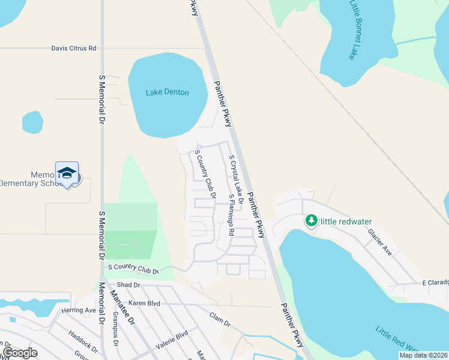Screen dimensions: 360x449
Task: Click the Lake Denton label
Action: [167, 92]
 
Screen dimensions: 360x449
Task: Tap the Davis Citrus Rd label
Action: [74, 48]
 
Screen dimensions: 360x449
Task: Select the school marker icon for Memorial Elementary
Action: [67, 173]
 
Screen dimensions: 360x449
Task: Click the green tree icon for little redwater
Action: [311, 221]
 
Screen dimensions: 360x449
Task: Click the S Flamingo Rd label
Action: [231, 215]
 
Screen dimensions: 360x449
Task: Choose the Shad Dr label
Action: [128, 284]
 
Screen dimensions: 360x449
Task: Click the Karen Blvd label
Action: [144, 304]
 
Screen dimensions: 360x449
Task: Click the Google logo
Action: [20, 353]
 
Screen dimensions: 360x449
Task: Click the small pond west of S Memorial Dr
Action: [32, 122]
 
